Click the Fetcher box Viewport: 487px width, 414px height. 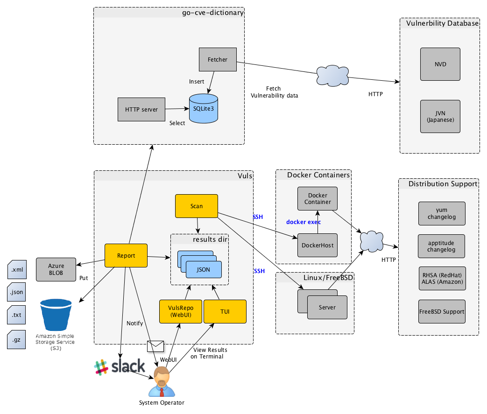[218, 59]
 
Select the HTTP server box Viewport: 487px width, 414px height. [141, 110]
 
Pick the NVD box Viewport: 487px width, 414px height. [440, 64]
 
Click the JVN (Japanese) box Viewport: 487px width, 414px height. [440, 116]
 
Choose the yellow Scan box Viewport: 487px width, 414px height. [197, 206]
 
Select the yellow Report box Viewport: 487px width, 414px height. [126, 255]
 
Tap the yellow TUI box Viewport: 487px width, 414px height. [225, 311]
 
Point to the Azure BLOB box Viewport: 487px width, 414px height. [56, 269]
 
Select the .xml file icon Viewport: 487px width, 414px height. [17, 270]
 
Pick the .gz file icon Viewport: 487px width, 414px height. [17, 339]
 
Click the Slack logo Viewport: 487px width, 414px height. [119, 367]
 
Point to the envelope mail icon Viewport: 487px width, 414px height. [155, 346]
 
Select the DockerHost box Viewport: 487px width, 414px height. [318, 246]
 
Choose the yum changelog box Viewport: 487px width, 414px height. [442, 213]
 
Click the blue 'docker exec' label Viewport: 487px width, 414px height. [303, 222]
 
